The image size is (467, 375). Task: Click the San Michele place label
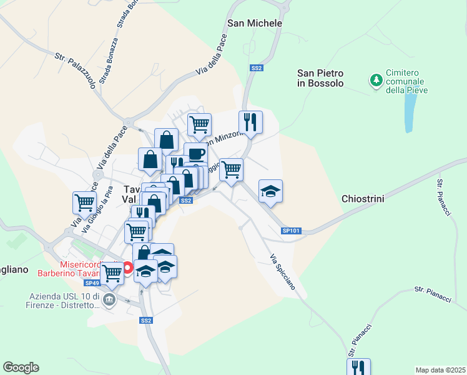pos(255,23)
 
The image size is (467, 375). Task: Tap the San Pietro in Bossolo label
pos(320,78)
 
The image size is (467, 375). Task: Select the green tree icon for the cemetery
pos(376,79)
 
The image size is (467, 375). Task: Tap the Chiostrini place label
pos(362,199)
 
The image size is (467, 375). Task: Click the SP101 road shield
pos(291,231)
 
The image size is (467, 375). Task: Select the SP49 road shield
pos(92,283)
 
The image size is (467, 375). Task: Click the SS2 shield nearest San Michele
pos(256,67)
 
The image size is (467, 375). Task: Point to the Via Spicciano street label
pos(283,276)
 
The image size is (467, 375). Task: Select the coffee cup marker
pos(195,154)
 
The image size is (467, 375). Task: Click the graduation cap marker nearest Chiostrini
pos(270,191)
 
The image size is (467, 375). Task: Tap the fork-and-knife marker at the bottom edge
pos(358,367)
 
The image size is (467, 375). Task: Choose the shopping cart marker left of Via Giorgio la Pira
pos(84,202)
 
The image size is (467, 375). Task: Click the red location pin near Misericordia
pos(128,269)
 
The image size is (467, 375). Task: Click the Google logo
pos(21,367)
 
